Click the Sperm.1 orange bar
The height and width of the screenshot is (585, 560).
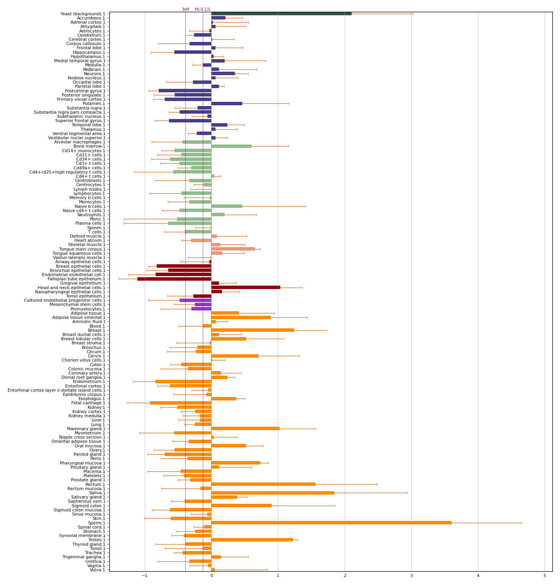tap(331, 523)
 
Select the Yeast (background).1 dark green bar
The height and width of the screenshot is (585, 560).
tap(281, 14)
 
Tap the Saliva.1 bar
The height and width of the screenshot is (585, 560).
tap(273, 493)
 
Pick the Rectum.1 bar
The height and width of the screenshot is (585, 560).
tap(263, 484)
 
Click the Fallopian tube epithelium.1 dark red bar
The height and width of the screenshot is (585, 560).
tap(174, 279)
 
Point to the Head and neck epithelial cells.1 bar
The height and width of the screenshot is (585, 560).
tap(246, 288)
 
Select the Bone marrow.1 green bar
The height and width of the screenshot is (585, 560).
tap(231, 146)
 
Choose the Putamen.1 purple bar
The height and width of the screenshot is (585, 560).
tap(226, 103)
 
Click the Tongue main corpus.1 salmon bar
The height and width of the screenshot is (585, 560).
tap(233, 249)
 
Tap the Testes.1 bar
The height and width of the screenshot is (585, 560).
tap(252, 540)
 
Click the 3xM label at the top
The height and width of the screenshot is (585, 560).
tap(185, 10)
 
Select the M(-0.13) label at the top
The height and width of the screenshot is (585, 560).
tap(202, 10)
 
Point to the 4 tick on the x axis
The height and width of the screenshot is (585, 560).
tap(478, 576)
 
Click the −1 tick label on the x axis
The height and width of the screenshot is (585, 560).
tap(144, 576)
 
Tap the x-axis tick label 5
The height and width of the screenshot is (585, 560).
tap(545, 576)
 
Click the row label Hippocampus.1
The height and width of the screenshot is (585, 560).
tap(89, 52)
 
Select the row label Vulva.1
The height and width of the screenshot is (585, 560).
tap(97, 570)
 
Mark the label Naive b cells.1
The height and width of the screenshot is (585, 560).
tap(90, 206)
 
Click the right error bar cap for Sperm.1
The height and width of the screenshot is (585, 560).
tap(521, 523)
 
